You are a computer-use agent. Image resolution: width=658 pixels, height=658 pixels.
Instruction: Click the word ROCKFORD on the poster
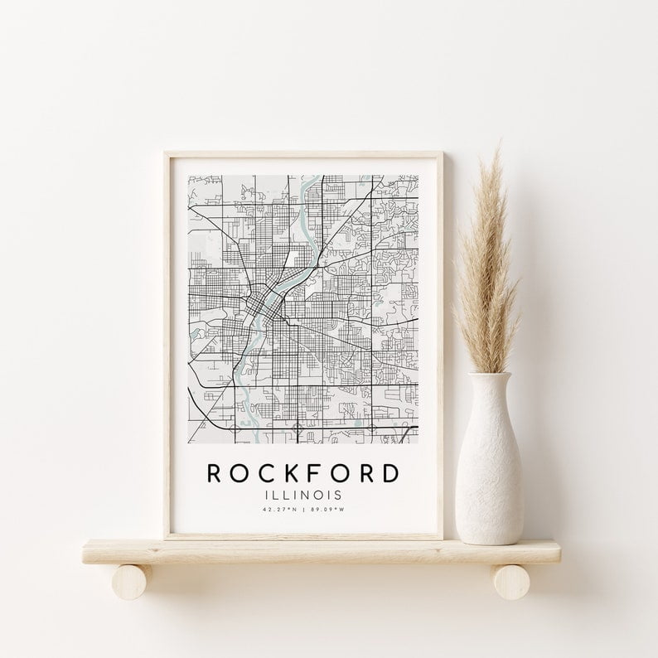pyautogui.click(x=302, y=473)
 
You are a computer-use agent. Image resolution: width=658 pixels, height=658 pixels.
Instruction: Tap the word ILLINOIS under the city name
pyautogui.click(x=302, y=495)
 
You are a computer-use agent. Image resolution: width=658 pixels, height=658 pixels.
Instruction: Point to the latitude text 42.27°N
pyautogui.click(x=277, y=509)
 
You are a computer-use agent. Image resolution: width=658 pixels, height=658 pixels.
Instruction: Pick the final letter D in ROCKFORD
pyautogui.click(x=389, y=473)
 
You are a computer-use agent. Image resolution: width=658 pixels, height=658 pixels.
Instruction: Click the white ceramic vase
pyautogui.click(x=489, y=464)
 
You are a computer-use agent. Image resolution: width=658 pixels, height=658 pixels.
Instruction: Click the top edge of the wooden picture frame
pyautogui.click(x=302, y=153)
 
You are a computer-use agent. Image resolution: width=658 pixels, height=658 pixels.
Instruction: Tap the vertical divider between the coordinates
pyautogui.click(x=302, y=509)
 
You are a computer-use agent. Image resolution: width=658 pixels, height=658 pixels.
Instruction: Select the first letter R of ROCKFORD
pyautogui.click(x=213, y=473)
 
